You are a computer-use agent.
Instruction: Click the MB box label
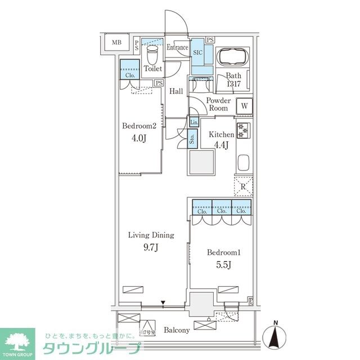[x=116, y=43]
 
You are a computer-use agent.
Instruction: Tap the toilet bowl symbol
[x=151, y=55]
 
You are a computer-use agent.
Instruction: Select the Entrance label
[x=177, y=48]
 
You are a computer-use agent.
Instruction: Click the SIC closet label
[x=197, y=52]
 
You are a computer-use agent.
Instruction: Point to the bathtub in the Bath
[x=233, y=57]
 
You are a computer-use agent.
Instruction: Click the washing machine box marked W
[x=245, y=106]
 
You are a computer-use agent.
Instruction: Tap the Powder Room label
[x=218, y=104]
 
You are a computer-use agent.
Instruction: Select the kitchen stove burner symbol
[x=244, y=130]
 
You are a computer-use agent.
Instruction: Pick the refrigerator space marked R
[x=243, y=186]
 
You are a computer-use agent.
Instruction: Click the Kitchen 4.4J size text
[x=221, y=144]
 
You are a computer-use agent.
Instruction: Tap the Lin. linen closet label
[x=193, y=123]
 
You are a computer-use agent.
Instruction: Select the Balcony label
[x=177, y=330]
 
